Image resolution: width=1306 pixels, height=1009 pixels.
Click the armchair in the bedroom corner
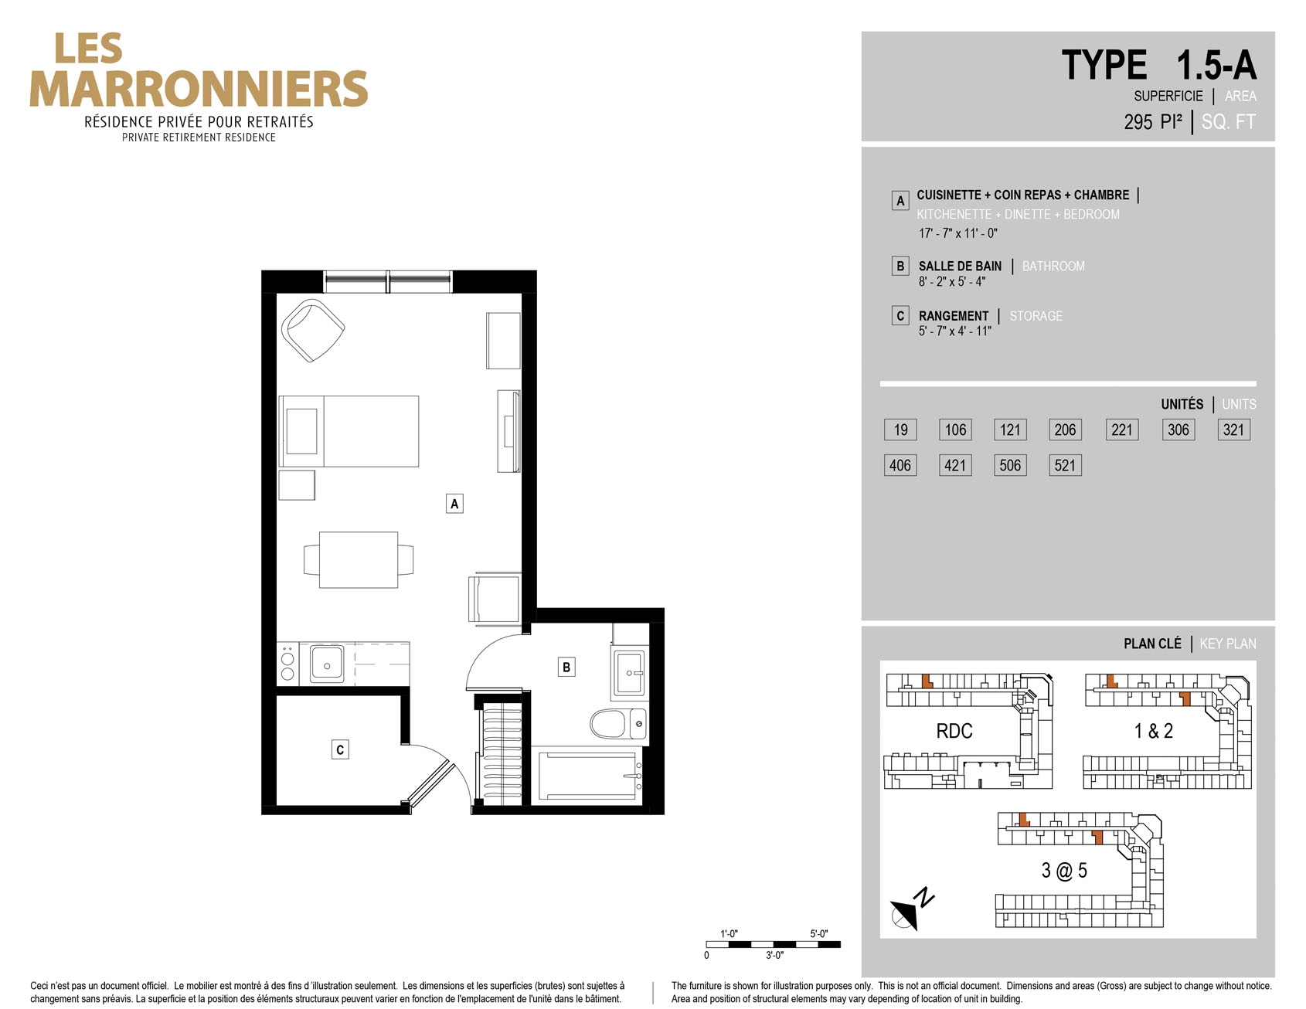[312, 330]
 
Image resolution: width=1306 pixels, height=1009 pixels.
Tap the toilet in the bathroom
[618, 724]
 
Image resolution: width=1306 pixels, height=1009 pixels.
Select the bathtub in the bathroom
[589, 776]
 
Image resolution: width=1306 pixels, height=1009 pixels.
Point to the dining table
[359, 559]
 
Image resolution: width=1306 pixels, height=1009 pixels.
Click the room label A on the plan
[454, 504]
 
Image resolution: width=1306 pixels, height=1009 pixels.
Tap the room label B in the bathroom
[566, 667]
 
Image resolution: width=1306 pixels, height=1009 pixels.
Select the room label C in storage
[340, 749]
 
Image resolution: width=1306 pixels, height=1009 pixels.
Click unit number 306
[1178, 430]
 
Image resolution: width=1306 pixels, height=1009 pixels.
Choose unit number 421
[955, 465]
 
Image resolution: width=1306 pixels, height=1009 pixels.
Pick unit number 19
[900, 430]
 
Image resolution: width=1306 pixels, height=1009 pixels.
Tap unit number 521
[1065, 465]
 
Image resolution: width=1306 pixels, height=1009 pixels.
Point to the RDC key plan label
[954, 731]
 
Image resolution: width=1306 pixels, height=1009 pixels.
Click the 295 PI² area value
[1153, 122]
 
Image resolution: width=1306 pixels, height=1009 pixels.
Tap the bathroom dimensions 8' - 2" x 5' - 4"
[952, 282]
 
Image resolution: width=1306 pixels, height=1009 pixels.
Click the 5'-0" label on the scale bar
[818, 933]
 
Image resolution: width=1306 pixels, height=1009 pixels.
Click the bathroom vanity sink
[630, 673]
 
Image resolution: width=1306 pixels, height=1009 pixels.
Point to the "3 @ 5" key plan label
[1064, 871]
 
